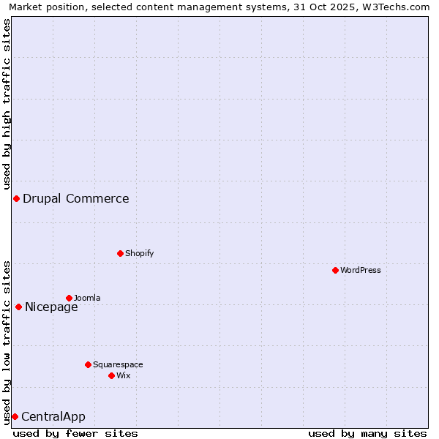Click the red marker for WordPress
pos(336,270)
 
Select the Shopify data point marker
pos(120,253)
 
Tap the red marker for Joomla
pos(69,298)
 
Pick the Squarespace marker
pos(88,364)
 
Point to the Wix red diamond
pos(111,375)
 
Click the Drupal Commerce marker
pos(16,199)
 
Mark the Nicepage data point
pos(18,307)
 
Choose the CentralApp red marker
pos(15,416)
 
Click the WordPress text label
pos(361,270)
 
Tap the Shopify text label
pos(139,253)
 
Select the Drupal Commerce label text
pos(76,198)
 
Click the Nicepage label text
pos(51,307)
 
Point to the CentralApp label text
pos(53,416)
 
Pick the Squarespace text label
pos(118,364)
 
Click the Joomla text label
pos(87,298)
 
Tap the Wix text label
pos(123,375)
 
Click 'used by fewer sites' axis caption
pos(75,433)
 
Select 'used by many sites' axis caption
pos(367,433)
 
